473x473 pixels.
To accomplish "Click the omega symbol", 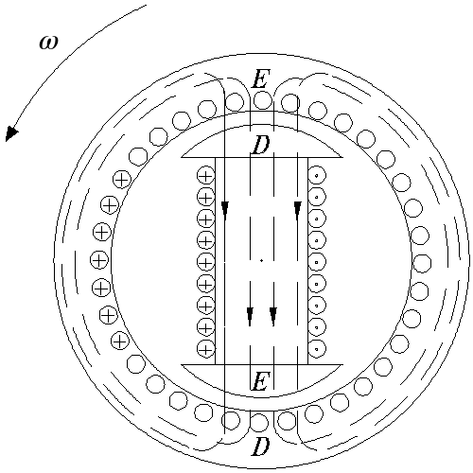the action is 49,43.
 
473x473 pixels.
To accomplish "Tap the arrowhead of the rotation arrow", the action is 11,133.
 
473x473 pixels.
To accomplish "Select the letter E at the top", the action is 261,79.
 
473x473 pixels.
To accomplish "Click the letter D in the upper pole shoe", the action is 260,145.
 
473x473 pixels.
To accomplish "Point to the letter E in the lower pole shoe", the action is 260,381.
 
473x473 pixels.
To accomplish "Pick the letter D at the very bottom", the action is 260,447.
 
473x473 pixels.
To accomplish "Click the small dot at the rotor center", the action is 261,261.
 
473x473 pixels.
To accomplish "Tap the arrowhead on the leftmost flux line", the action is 225,211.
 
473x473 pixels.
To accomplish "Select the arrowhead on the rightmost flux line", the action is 297,211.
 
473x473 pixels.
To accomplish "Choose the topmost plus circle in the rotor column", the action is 205,176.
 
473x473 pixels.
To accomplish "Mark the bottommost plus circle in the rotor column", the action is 205,349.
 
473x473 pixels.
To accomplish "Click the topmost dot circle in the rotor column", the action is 317,176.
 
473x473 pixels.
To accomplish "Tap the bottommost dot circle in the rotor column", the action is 317,349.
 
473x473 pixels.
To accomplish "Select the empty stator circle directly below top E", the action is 263,100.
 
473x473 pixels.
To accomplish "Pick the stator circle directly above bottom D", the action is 259,423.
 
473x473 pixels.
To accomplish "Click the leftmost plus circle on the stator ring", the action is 99,260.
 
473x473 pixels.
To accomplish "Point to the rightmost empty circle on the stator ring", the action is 422,264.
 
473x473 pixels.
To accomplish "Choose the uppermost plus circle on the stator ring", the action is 122,180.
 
